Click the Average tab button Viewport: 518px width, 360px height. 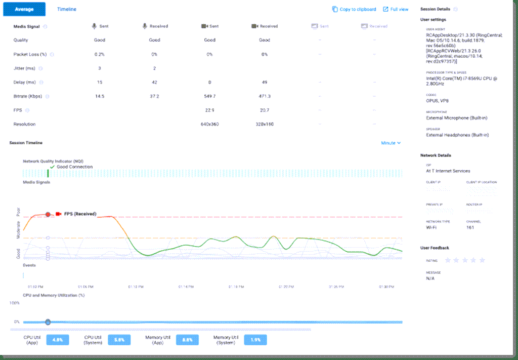(x=24, y=9)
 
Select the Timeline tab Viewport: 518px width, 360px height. (x=67, y=9)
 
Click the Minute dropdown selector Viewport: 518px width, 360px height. (x=391, y=143)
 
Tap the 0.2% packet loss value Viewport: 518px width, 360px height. (x=100, y=54)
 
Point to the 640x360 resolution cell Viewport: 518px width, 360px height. (x=209, y=124)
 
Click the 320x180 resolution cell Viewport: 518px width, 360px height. (x=264, y=124)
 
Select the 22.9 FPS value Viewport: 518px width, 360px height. (x=209, y=110)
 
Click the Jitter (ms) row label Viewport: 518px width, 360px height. (x=24, y=68)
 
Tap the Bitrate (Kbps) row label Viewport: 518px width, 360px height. (x=28, y=96)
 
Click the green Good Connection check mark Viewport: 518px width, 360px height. (x=52, y=167)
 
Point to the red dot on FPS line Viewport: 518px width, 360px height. (x=48, y=214)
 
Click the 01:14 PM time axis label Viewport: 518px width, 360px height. (x=186, y=287)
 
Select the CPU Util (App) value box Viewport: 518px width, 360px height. (x=57, y=340)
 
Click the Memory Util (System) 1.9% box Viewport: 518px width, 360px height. (x=255, y=340)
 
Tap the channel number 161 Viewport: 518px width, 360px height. (x=471, y=227)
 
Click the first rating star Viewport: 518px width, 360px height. (x=447, y=260)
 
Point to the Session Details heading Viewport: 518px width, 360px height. (x=435, y=9)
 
